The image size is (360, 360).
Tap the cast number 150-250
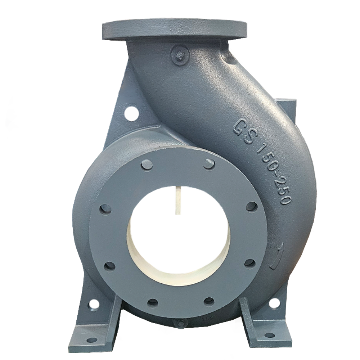pos(274,175)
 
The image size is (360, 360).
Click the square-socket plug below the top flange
pos(180,55)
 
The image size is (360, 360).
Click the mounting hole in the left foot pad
pos(92,339)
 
